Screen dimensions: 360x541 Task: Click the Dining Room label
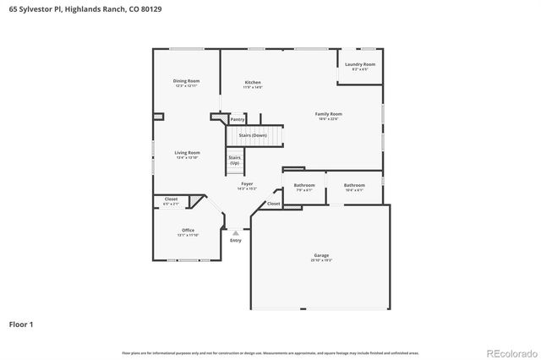point(186,80)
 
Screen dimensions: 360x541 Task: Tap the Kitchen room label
point(253,83)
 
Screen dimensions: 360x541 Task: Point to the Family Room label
point(328,114)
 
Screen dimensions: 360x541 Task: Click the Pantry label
point(238,120)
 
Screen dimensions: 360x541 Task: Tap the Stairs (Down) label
point(252,135)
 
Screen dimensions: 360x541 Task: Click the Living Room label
point(187,153)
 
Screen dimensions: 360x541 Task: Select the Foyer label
point(247,184)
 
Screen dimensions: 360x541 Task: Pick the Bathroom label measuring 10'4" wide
point(354,185)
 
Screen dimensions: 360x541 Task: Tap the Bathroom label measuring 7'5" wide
point(303,185)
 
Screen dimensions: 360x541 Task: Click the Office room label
point(188,231)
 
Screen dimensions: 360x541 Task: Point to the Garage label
point(320,256)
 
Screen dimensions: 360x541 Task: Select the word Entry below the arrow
point(236,241)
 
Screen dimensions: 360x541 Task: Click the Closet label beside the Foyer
point(274,204)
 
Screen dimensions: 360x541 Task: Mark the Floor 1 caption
point(21,324)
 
